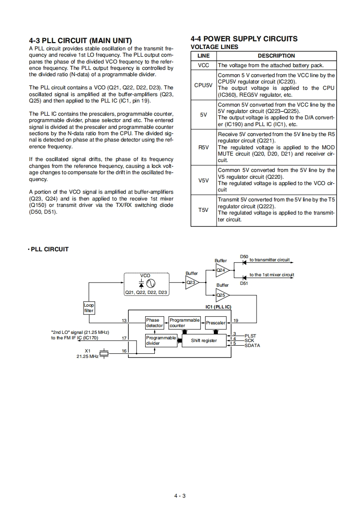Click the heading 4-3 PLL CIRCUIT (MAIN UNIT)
pyautogui.click(x=80, y=41)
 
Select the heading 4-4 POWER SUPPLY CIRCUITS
pyautogui.click(x=244, y=39)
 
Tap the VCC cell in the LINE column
pyautogui.click(x=203, y=65)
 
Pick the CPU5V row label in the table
pyautogui.click(x=203, y=85)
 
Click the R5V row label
pyautogui.click(x=203, y=147)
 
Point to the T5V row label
pyautogui.click(x=203, y=210)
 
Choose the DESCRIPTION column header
pyautogui.click(x=276, y=56)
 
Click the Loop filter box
pyautogui.click(x=89, y=308)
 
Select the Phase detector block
pyautogui.click(x=154, y=323)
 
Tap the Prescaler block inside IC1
pyautogui.click(x=215, y=323)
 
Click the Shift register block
pyautogui.click(x=204, y=341)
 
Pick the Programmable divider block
pyautogui.click(x=161, y=341)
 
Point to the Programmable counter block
pyautogui.click(x=184, y=323)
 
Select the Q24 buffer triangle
pyautogui.click(x=222, y=270)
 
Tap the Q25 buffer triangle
pyautogui.click(x=222, y=295)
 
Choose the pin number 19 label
pyautogui.click(x=236, y=321)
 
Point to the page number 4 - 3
pyautogui.click(x=180, y=496)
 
